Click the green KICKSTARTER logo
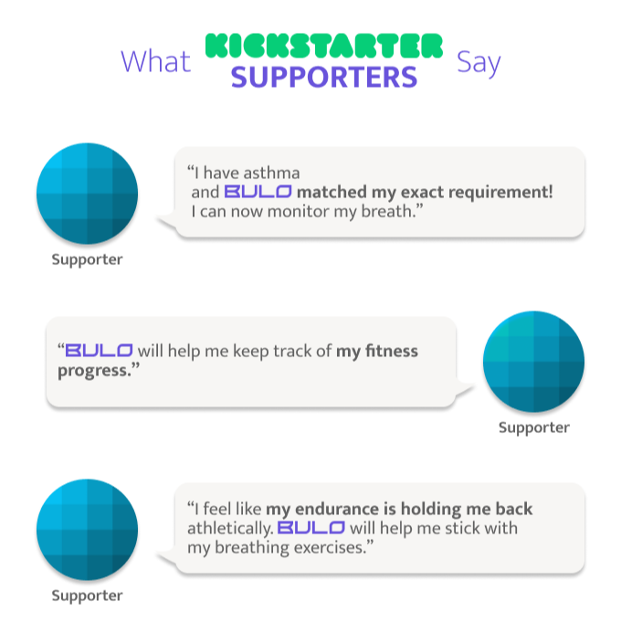[323, 46]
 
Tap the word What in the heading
[156, 61]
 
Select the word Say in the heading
[479, 63]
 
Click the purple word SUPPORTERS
[324, 77]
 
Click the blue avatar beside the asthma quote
[88, 194]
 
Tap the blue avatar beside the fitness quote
[533, 362]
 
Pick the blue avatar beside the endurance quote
[88, 530]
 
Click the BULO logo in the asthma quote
[258, 192]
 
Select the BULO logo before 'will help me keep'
[99, 350]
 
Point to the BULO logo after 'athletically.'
[310, 528]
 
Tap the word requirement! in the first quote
[500, 193]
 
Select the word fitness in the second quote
[392, 351]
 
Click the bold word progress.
[95, 372]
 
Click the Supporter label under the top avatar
[88, 259]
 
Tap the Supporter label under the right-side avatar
[533, 428]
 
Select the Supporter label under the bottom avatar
[88, 596]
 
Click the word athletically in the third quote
[230, 529]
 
